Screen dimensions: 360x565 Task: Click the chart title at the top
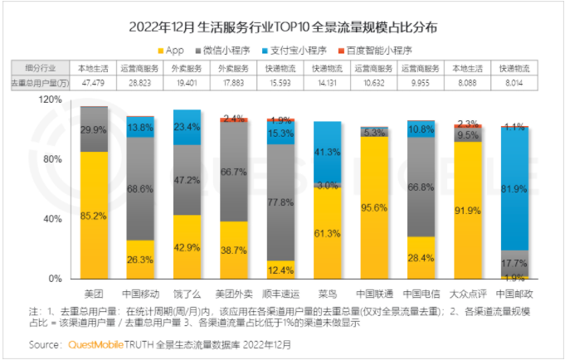click(x=282, y=26)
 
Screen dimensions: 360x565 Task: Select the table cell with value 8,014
click(x=513, y=82)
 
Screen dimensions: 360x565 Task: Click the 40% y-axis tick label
click(x=52, y=219)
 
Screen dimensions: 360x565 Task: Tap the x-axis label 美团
click(x=94, y=293)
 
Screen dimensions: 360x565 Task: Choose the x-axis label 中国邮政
click(x=513, y=293)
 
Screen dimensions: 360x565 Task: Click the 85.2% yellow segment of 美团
click(x=94, y=216)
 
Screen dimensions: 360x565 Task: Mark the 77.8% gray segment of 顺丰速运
click(x=280, y=202)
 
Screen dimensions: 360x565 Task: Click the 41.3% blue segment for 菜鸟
click(x=327, y=151)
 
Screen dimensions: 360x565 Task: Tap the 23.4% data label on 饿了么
click(x=187, y=127)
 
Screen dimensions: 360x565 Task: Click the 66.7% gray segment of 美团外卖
click(x=233, y=171)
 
